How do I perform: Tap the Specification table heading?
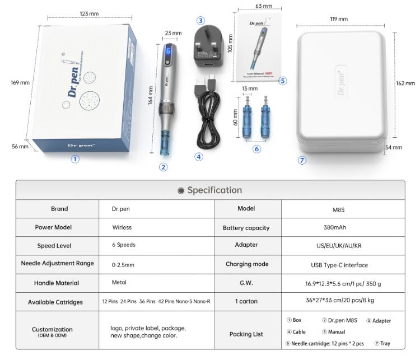tap(210, 190)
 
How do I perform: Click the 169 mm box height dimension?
tap(20, 83)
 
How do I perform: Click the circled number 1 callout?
tap(75, 159)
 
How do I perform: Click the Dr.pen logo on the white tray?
tap(341, 82)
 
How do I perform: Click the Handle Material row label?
tap(57, 283)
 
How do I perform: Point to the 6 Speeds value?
tap(124, 245)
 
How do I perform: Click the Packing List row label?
tap(246, 334)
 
